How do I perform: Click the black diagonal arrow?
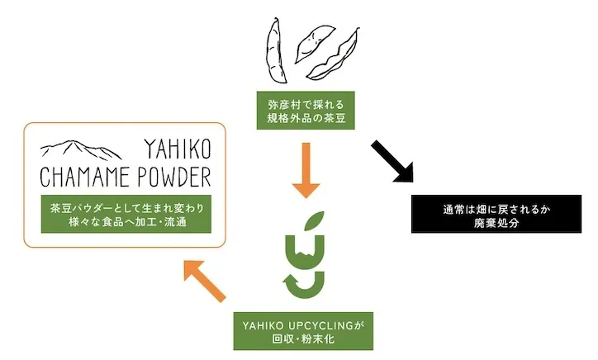[391, 160]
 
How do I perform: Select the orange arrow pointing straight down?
[306, 169]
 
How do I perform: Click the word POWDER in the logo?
[173, 177]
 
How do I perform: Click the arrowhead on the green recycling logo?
[292, 286]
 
